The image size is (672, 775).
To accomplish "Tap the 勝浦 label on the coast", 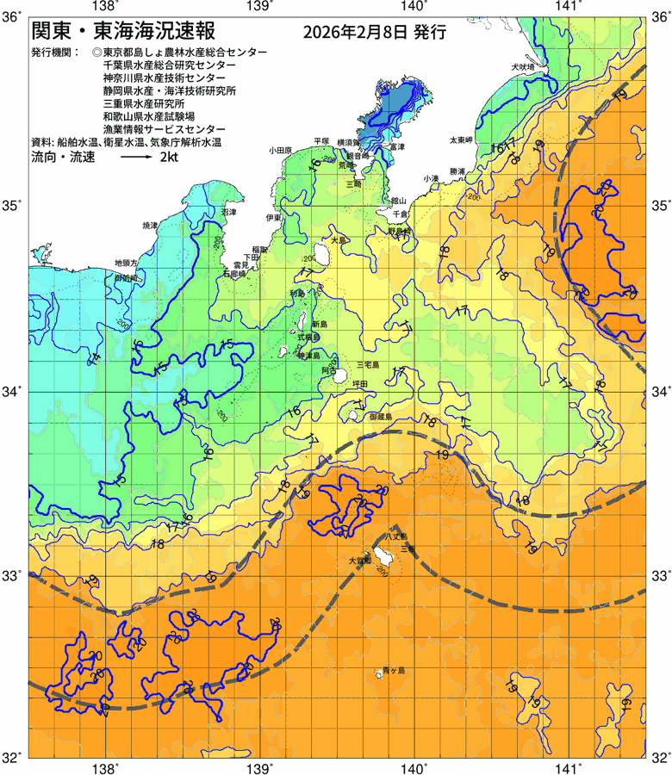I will pos(457,170).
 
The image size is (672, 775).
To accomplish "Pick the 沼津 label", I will pos(229,211).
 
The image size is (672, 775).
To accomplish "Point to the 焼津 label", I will pos(150,225).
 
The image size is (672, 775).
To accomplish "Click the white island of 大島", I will pos(324,254).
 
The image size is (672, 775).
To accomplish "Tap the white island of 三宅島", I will pos(342,376).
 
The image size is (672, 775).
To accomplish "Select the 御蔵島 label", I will pos(380,416).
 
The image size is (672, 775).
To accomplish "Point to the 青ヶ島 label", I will pos(394,669).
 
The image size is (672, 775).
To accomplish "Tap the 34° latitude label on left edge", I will pos(15,392).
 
